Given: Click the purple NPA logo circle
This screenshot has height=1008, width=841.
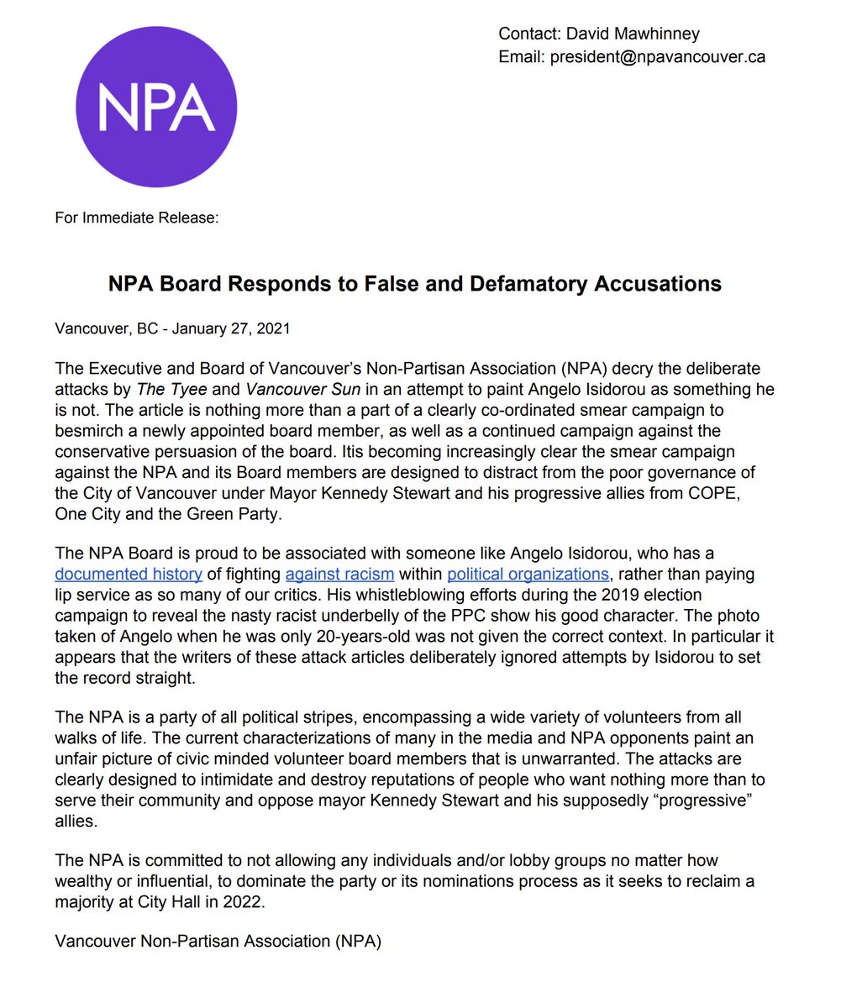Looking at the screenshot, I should click(156, 108).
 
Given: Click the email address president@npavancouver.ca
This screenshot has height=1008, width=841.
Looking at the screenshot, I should click(657, 57).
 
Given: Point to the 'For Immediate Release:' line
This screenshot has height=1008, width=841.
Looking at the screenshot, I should click(137, 218).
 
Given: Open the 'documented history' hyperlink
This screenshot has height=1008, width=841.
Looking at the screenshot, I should click(129, 575).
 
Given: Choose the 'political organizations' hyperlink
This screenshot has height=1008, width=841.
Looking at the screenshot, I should click(528, 575).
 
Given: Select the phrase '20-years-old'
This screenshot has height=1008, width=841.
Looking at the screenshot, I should click(410, 636).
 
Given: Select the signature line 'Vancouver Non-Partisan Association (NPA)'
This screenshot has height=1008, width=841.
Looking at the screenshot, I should click(218, 942).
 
